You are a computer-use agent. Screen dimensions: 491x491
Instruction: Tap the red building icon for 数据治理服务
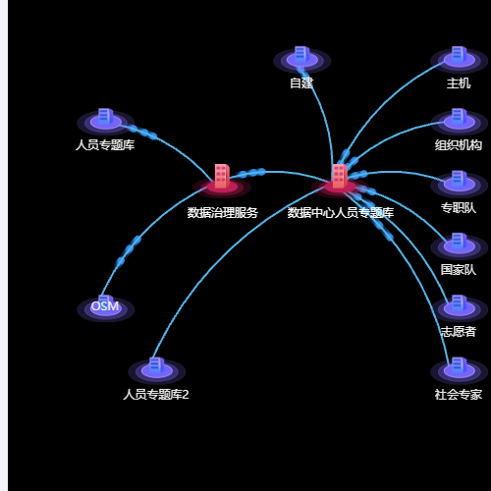pos(222,181)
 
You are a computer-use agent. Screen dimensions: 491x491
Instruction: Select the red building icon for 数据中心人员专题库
pos(340,181)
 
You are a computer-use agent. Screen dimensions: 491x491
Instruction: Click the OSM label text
pos(105,306)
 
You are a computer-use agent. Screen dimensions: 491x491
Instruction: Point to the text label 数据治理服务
pos(223,213)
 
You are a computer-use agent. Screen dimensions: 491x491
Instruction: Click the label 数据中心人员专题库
pos(341,213)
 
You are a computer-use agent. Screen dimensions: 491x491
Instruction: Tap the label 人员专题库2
pos(156,395)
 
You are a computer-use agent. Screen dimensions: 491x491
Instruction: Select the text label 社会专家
pos(459,395)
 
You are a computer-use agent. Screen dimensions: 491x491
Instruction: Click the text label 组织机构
pos(459,145)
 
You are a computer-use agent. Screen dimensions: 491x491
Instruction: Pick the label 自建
pos(301,82)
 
